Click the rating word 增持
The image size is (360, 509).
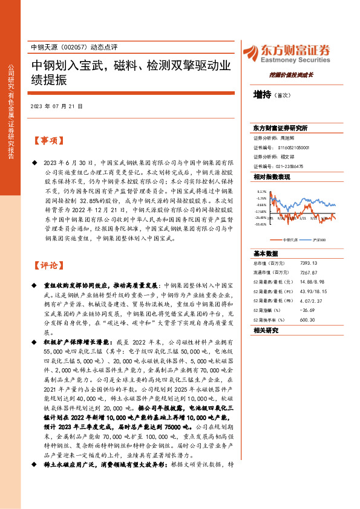(x=262, y=95)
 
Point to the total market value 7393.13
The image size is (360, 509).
(x=309, y=264)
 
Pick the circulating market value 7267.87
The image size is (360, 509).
(x=309, y=273)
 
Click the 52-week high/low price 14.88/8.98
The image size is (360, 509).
(x=312, y=282)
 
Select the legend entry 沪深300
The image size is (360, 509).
(x=318, y=239)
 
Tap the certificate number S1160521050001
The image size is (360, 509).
(x=293, y=147)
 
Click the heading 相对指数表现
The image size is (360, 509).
(x=272, y=177)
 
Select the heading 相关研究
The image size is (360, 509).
(x=266, y=330)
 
